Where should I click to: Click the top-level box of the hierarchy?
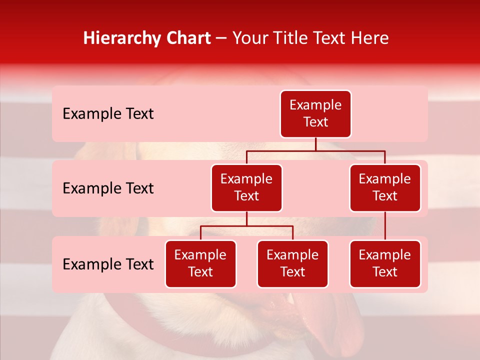[x=315, y=114]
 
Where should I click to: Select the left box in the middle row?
[x=246, y=188]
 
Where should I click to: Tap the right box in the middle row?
[x=385, y=188]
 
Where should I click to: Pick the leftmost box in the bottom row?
[x=200, y=264]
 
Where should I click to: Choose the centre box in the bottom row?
[x=292, y=264]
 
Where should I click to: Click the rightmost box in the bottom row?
[x=385, y=264]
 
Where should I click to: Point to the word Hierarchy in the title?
[x=118, y=38]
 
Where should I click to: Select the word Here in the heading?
[x=370, y=38]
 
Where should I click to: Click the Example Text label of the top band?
[x=108, y=114]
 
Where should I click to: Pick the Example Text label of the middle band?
[x=108, y=188]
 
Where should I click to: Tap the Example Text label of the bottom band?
[x=108, y=264]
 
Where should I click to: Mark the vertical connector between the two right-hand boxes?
[x=385, y=226]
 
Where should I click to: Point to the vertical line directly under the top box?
[x=315, y=144]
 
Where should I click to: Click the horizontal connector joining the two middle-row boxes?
[x=315, y=150]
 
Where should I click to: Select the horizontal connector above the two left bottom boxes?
[x=246, y=226]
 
